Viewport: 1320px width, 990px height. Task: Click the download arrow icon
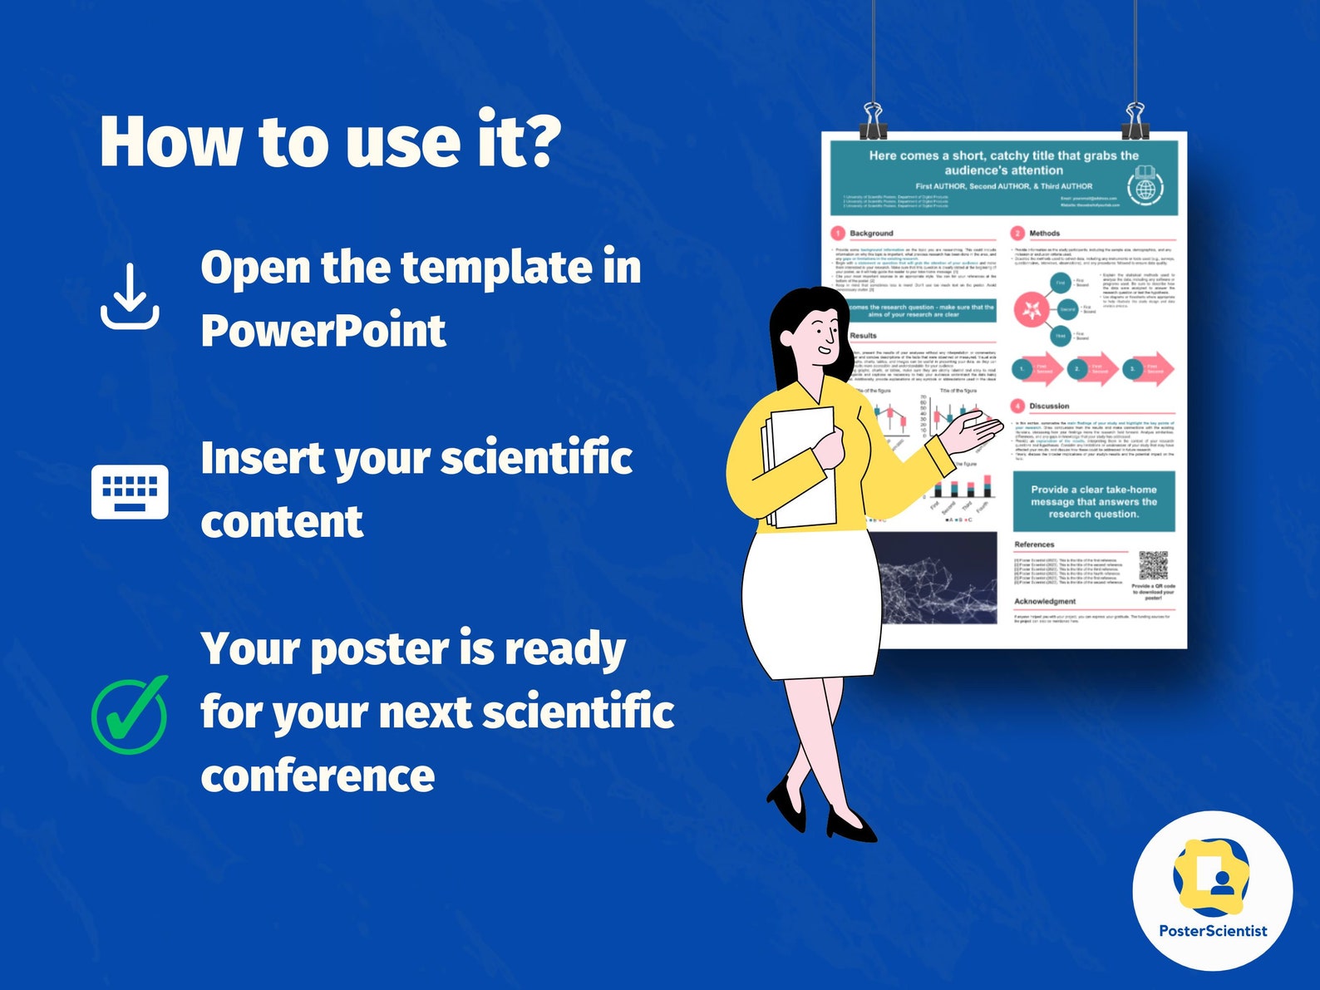pos(130,297)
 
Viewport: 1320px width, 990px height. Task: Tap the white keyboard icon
pos(130,491)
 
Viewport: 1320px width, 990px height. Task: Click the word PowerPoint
pos(323,331)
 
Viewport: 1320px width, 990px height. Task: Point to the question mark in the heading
pos(544,141)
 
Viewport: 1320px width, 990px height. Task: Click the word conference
pos(318,776)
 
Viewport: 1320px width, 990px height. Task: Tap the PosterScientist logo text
pos(1213,931)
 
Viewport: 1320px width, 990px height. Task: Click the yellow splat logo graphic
pos(1211,876)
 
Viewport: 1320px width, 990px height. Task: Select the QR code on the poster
pos(1153,565)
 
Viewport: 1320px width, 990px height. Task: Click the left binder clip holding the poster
pos(872,121)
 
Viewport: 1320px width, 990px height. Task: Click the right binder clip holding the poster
pos(1134,121)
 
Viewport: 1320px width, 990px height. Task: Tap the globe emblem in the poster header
pos(1145,186)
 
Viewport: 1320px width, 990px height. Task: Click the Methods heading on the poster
pos(1044,234)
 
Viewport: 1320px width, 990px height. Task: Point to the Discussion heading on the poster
pos(1048,406)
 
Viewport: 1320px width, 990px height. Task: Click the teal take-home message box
pos(1093,501)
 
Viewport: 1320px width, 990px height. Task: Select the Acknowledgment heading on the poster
pos(1045,601)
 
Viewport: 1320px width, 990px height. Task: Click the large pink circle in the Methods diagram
pos(1032,311)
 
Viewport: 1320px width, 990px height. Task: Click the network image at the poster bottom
pos(938,578)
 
